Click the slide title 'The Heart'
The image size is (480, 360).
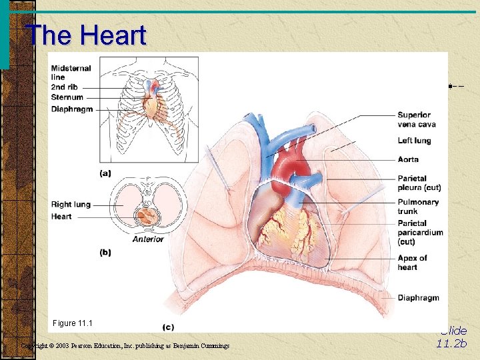85,35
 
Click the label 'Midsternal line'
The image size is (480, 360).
71,73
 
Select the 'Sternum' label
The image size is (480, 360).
67,98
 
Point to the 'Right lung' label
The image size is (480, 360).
71,205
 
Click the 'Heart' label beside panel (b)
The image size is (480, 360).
61,217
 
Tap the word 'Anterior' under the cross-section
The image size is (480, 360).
148,239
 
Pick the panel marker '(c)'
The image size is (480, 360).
169,327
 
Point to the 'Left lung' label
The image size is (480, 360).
414,141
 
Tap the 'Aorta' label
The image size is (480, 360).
408,160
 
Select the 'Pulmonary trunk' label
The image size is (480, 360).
418,207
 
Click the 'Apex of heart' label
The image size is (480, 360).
412,263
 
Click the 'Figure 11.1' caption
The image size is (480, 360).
72,323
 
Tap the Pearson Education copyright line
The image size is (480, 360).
125,345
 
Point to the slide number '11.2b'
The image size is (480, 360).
452,344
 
